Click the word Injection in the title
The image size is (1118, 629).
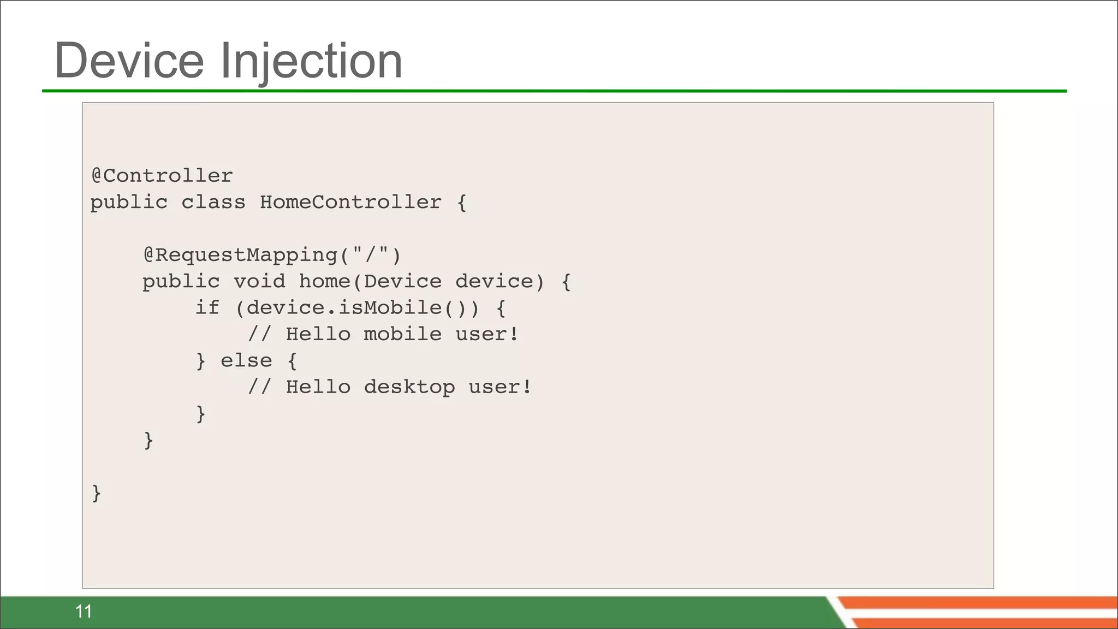(x=311, y=61)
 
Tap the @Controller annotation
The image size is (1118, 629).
(x=162, y=176)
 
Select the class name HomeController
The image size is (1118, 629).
(x=350, y=202)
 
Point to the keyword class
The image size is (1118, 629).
(x=213, y=202)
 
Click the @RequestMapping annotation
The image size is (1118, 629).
(x=240, y=255)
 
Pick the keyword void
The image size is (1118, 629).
(x=259, y=281)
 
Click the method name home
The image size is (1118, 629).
(x=324, y=281)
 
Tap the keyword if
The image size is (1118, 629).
(x=207, y=307)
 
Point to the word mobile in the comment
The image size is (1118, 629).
(x=402, y=334)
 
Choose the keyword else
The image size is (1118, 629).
(x=246, y=360)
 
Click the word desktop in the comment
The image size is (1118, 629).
(x=409, y=387)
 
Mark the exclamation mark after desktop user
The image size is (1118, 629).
(x=527, y=387)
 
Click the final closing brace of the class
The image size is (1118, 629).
(x=97, y=493)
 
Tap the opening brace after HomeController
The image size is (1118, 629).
(x=462, y=203)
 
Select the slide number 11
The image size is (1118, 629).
(x=84, y=612)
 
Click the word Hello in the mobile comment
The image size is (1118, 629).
(x=318, y=334)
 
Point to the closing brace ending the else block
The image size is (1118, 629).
(x=201, y=414)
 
